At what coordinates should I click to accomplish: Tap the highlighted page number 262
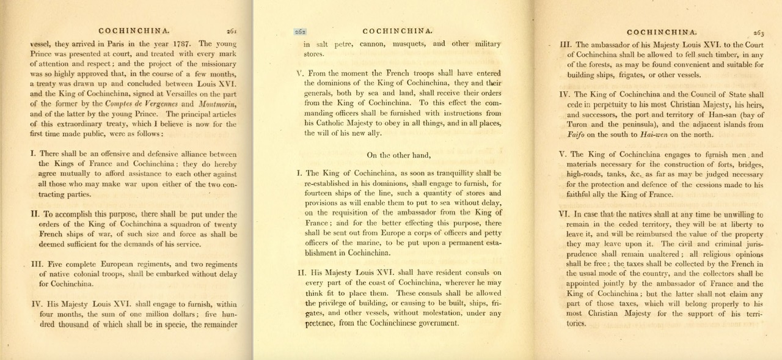299,31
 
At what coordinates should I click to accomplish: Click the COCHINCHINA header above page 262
398,31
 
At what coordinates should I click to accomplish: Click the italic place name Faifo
578,134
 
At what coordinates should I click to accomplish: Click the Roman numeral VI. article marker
565,215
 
